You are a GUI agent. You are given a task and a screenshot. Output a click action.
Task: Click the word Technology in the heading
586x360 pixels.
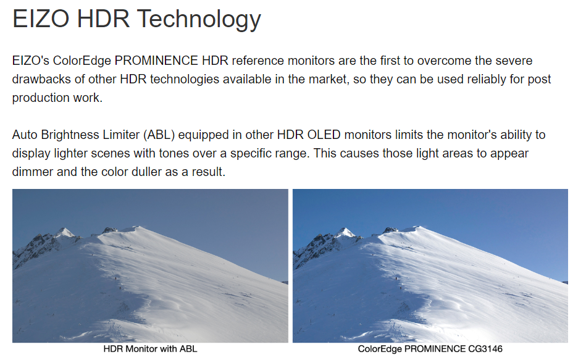(x=199, y=19)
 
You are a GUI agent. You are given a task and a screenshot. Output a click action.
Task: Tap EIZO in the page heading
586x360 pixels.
(x=40, y=19)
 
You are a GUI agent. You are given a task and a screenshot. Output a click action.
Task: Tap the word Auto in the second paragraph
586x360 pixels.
(x=25, y=135)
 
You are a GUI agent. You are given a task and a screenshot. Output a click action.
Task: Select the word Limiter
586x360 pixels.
(x=121, y=135)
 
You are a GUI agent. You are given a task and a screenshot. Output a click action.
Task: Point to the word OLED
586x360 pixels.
(x=324, y=135)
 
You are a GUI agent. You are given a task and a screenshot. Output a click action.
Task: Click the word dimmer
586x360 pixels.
(x=33, y=172)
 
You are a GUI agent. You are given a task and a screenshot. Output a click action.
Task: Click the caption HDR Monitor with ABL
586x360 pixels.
(x=150, y=349)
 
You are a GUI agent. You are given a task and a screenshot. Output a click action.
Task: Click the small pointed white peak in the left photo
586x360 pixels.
(x=65, y=232)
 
